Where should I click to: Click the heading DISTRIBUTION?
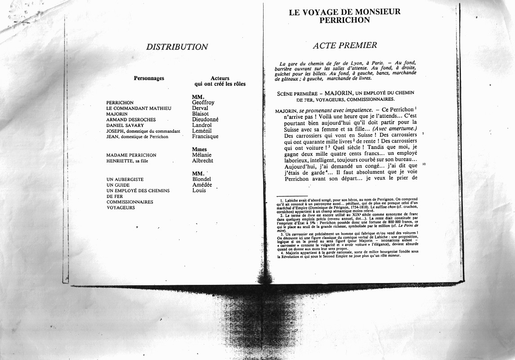coord(177,47)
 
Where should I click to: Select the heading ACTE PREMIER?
coord(345,45)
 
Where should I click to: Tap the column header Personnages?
coord(149,78)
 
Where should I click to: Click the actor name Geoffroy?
coord(203,103)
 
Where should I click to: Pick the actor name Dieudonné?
coord(205,120)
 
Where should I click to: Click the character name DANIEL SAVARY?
coord(125,126)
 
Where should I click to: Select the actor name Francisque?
coord(205,137)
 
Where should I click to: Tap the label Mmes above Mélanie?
coord(199,149)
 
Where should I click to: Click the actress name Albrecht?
coord(202,161)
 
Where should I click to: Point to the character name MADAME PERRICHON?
coord(131,155)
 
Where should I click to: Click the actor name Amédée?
coord(202,185)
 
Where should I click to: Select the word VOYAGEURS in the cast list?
coord(121,208)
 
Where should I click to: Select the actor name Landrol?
coord(202,126)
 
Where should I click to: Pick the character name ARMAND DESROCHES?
coord(131,120)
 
